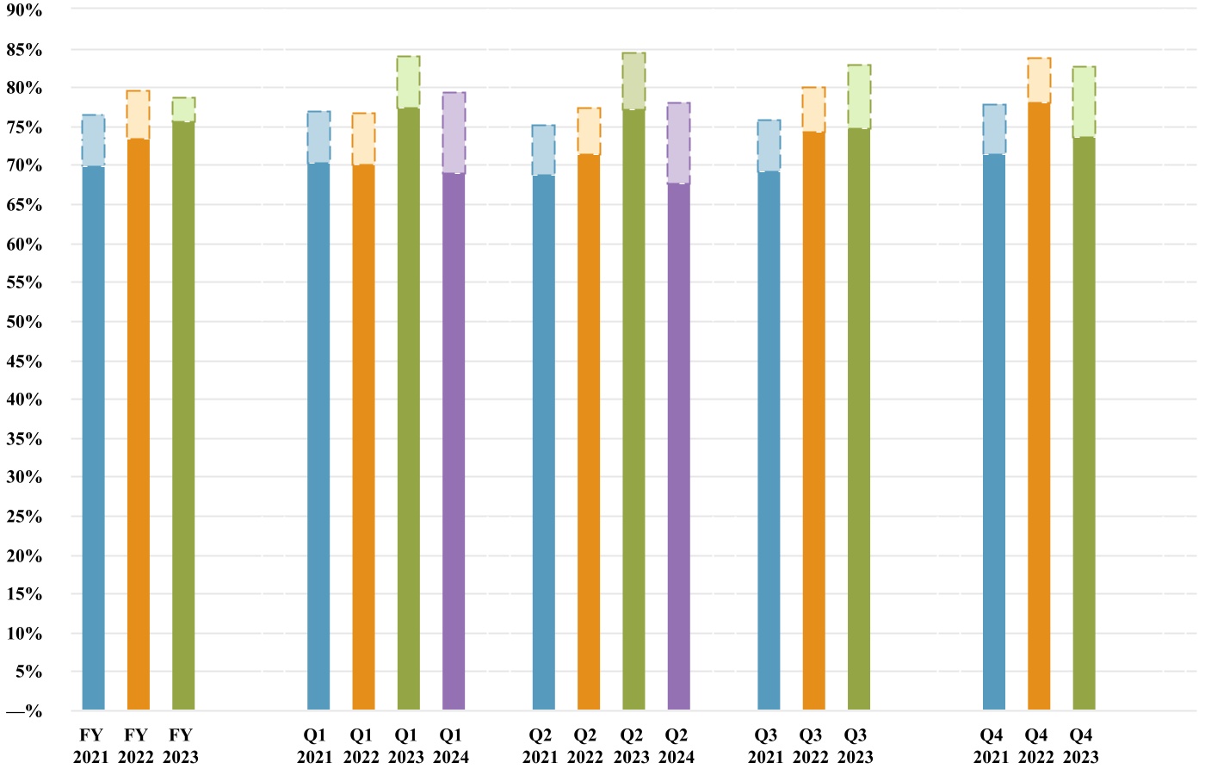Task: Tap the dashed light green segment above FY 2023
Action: pyautogui.click(x=183, y=109)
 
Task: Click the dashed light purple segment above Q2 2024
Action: pyautogui.click(x=678, y=143)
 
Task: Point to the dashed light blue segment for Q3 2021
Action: pyautogui.click(x=769, y=146)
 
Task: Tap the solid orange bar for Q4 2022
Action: pyautogui.click(x=1039, y=406)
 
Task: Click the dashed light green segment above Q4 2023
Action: pyautogui.click(x=1084, y=102)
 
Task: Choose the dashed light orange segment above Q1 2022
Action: pyautogui.click(x=363, y=139)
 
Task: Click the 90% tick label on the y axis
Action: pyautogui.click(x=24, y=10)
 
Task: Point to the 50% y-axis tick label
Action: pyautogui.click(x=24, y=322)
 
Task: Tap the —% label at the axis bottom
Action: pyautogui.click(x=24, y=711)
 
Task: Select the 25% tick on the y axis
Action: pyautogui.click(x=24, y=517)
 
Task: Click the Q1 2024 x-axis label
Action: pyautogui.click(x=451, y=747)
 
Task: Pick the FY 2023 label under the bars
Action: pyautogui.click(x=181, y=747)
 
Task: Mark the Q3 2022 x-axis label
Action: pyautogui.click(x=811, y=747)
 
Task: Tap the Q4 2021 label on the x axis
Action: pyautogui.click(x=992, y=747)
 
